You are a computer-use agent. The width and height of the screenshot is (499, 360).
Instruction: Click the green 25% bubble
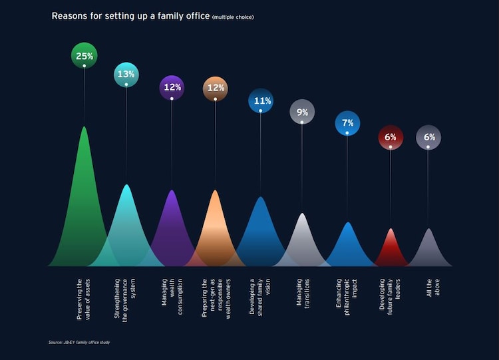[84, 56]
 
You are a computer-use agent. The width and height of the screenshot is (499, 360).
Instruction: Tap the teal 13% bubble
[126, 75]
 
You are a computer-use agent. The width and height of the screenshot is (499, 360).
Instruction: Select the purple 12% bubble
[172, 88]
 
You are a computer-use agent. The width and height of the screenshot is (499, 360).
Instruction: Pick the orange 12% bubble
[215, 88]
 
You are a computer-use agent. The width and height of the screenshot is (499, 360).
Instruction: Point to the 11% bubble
[260, 101]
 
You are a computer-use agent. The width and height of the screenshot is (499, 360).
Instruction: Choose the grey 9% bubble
[302, 112]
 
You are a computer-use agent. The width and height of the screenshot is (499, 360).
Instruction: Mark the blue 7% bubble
[347, 124]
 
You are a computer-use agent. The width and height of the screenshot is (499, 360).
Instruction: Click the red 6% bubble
[391, 137]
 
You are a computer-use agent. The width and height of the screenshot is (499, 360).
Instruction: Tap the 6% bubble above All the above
[428, 137]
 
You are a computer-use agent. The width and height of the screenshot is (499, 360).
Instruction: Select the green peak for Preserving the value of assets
[84, 200]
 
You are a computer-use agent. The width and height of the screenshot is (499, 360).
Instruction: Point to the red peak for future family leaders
[391, 250]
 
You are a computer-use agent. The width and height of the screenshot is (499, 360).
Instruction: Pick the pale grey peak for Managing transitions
[302, 240]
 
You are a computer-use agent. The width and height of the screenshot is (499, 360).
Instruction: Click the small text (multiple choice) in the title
[233, 17]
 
